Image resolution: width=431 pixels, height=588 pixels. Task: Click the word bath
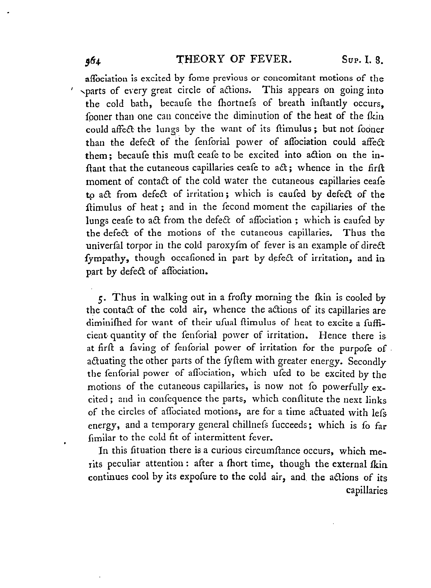141,104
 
